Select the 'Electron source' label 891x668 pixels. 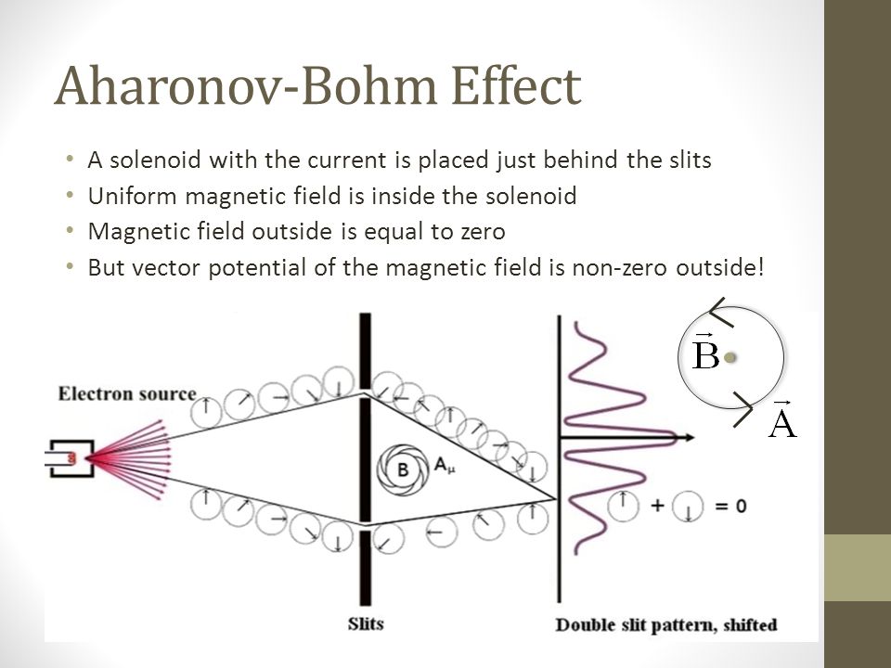click(x=127, y=393)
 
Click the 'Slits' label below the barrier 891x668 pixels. click(x=366, y=623)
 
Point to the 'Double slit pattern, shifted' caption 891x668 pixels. click(x=666, y=624)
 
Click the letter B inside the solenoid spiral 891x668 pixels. click(x=402, y=469)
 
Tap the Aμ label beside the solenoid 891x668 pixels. click(x=445, y=466)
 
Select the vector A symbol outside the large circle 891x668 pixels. click(x=782, y=419)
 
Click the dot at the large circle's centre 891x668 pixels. click(x=730, y=358)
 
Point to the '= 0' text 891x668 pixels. click(x=730, y=505)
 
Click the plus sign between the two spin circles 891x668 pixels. click(x=657, y=505)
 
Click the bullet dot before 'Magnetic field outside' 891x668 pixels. click(x=70, y=231)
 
